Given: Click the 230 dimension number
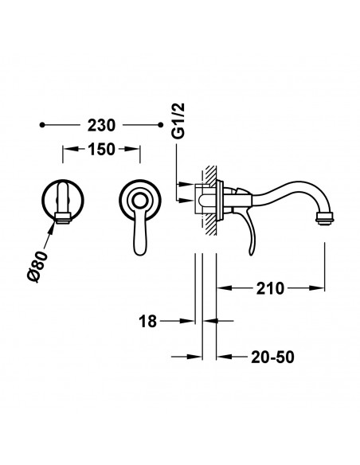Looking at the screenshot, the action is pyautogui.click(x=101, y=126).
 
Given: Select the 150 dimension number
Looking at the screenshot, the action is pyautogui.click(x=101, y=149).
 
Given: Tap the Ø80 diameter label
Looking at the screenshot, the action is pyautogui.click(x=37, y=266).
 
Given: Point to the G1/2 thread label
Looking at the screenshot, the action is pyautogui.click(x=178, y=121).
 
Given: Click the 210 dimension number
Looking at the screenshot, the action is pyautogui.click(x=270, y=288).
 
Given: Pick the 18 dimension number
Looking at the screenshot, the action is pyautogui.click(x=147, y=321).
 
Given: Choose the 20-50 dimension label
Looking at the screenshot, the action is pyautogui.click(x=272, y=357).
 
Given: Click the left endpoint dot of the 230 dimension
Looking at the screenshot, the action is pyautogui.click(x=42, y=125).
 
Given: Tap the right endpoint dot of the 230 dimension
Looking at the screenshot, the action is pyautogui.click(x=160, y=125).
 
